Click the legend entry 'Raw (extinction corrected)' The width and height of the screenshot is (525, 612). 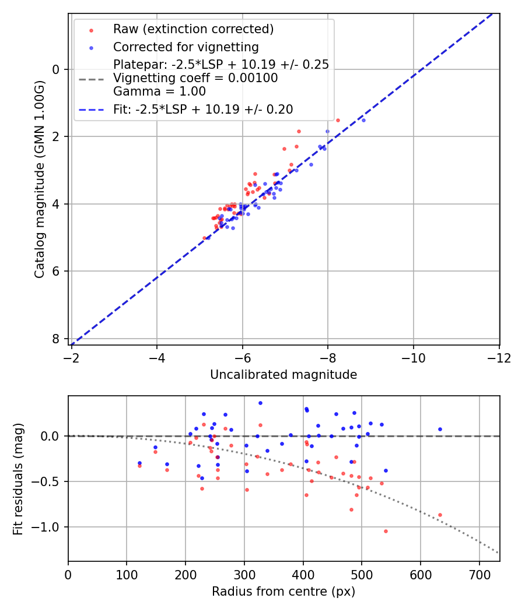point(193,29)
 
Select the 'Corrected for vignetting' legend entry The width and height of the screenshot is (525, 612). point(185,47)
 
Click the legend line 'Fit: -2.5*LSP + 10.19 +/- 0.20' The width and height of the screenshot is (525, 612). point(203,109)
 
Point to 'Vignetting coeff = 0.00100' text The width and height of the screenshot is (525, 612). point(195,78)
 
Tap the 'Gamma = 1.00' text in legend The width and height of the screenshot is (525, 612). point(159,92)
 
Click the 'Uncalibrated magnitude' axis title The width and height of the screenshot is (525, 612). point(283,375)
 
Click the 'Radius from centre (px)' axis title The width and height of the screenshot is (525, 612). point(283,592)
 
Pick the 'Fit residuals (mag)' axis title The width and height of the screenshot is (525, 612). point(19,479)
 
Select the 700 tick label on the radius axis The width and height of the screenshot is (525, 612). point(479,575)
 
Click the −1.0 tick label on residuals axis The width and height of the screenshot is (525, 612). point(49,527)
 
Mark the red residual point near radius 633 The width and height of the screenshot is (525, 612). point(440,515)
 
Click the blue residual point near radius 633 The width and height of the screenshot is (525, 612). point(440,429)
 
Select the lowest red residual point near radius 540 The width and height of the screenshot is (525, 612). point(386,531)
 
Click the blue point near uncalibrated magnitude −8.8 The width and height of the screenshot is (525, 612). point(363,120)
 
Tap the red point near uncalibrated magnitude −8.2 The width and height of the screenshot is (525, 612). point(338,120)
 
